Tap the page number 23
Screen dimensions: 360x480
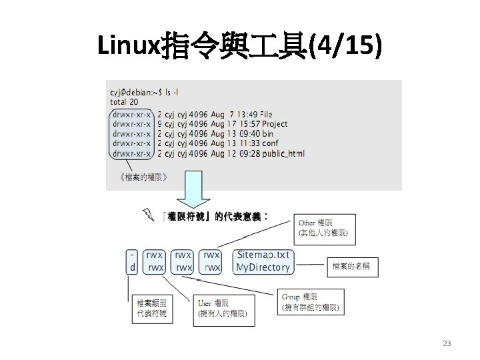[x=447, y=343]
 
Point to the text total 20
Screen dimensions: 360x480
[x=125, y=102]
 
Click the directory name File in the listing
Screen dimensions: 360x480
[x=267, y=115]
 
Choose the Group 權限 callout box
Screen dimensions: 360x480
[x=311, y=301]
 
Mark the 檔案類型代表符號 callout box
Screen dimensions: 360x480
[x=152, y=308]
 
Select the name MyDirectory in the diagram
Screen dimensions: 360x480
[x=263, y=267]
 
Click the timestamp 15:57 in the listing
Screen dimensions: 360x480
[x=249, y=124]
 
